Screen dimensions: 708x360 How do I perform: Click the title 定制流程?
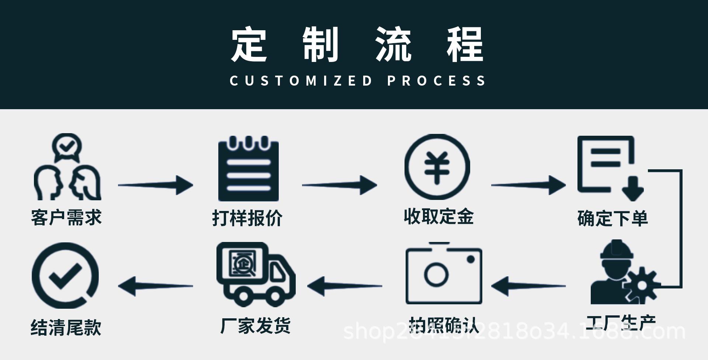[x=357, y=44]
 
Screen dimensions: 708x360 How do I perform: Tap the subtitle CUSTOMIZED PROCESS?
[x=357, y=81]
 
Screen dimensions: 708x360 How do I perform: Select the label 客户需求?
[x=66, y=217]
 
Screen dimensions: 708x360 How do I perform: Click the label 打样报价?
[x=247, y=218]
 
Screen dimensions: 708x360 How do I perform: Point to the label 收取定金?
[x=438, y=217]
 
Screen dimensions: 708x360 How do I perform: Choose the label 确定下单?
[x=612, y=218]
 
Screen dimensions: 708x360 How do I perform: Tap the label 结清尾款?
[x=66, y=327]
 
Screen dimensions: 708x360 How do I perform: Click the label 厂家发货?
[x=255, y=326]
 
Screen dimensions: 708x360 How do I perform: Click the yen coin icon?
[x=437, y=167]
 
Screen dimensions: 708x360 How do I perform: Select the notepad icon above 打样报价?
[x=248, y=169]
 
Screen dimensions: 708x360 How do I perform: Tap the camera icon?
[x=444, y=274]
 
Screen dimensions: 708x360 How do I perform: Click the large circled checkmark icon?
[x=65, y=275]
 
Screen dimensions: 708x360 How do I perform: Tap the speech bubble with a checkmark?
[x=67, y=147]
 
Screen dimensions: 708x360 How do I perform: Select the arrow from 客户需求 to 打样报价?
[x=155, y=185]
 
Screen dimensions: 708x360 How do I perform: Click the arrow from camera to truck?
[x=344, y=286]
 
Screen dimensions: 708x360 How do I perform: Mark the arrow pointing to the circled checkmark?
[x=155, y=286]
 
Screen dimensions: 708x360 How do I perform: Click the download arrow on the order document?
[x=632, y=188]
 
